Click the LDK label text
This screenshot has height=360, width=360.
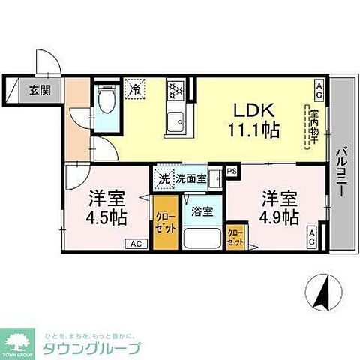[x=255, y=107]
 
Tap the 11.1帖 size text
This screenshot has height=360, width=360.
[x=256, y=130]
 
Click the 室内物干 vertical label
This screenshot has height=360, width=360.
[x=307, y=129]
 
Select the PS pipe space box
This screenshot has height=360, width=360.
[x=231, y=172]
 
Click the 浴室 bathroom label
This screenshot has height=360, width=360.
[x=202, y=211]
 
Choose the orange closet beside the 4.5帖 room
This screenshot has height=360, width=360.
[x=165, y=223]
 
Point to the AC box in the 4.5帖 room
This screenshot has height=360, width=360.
[x=136, y=243]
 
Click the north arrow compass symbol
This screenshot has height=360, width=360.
[x=323, y=292]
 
